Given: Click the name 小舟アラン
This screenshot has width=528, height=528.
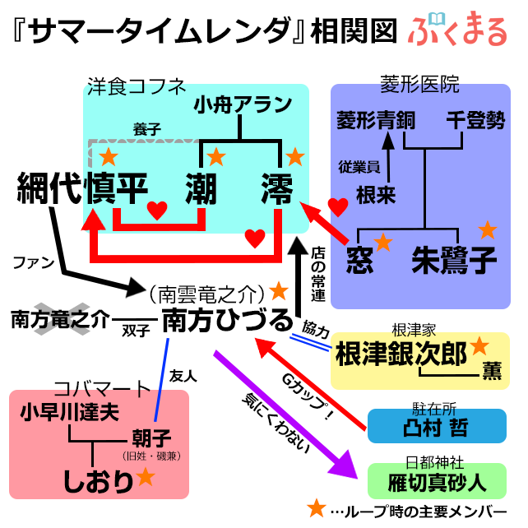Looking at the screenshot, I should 243,104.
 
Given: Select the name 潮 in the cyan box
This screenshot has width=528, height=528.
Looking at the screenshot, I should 201,188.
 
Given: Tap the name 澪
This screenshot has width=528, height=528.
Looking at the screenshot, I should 278,188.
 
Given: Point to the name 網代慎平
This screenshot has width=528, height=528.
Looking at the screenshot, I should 81,188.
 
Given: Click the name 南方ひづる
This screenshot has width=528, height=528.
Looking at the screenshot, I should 226,321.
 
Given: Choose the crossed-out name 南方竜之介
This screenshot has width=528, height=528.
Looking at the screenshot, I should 60,319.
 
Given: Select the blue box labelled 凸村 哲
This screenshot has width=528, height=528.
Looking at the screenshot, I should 437,427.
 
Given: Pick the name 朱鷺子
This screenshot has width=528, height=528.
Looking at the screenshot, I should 453,259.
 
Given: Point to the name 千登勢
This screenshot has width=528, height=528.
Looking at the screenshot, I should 475,120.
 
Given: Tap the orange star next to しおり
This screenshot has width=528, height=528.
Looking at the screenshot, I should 146,476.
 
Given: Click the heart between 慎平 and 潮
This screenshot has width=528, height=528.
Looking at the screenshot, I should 157,211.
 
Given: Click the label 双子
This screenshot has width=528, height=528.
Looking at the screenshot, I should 136,331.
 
